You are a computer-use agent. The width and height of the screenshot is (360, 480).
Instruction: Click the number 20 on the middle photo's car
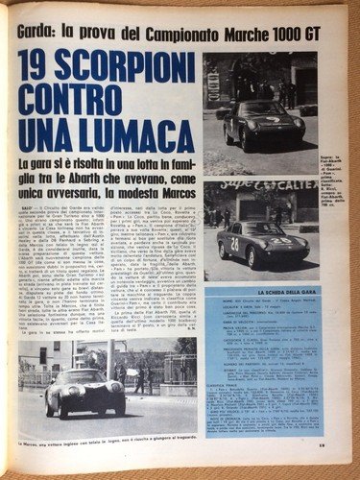[x=234, y=244]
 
